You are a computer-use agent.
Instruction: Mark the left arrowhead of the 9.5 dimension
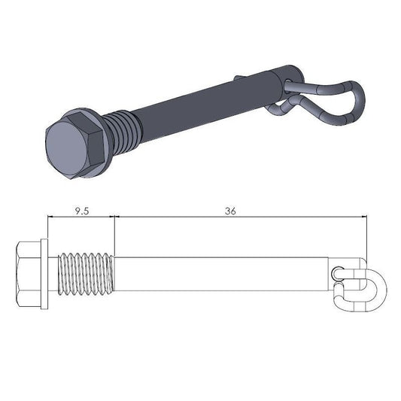(50, 218)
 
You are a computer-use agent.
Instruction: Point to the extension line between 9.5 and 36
(114, 233)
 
